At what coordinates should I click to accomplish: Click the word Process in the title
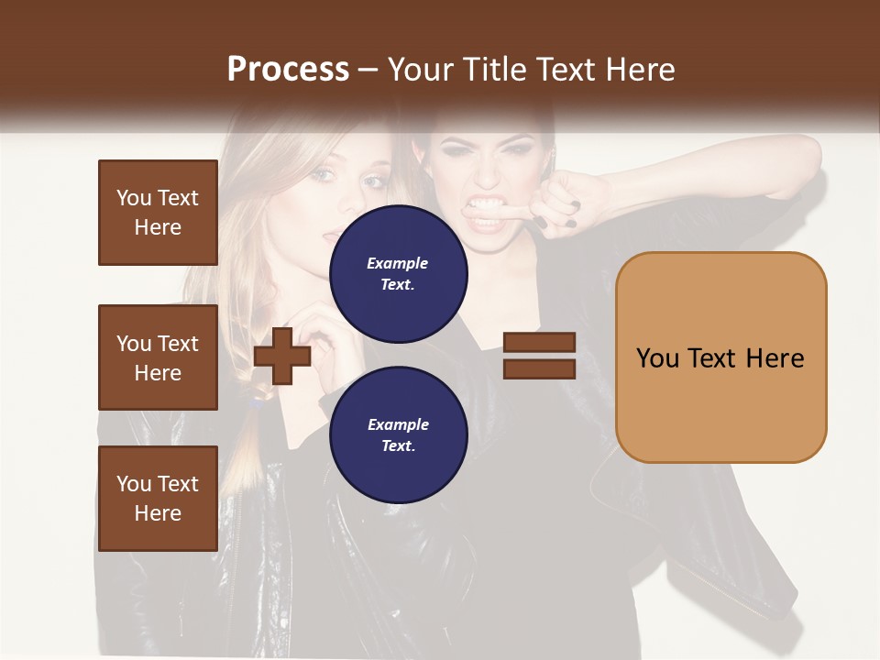(288, 70)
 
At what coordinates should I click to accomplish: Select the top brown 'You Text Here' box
(158, 213)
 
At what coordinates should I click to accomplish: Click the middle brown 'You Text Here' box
(158, 357)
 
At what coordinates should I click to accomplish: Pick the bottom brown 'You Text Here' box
(158, 499)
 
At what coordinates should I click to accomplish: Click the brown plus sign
(281, 355)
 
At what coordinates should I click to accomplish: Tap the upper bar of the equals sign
(539, 342)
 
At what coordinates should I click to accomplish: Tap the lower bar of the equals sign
(539, 368)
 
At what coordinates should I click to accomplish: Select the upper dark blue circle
(399, 273)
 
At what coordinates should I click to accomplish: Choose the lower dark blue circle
(399, 434)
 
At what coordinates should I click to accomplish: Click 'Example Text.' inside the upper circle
(398, 273)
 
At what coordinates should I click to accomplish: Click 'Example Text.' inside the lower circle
(398, 434)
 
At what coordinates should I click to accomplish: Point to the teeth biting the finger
(487, 205)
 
